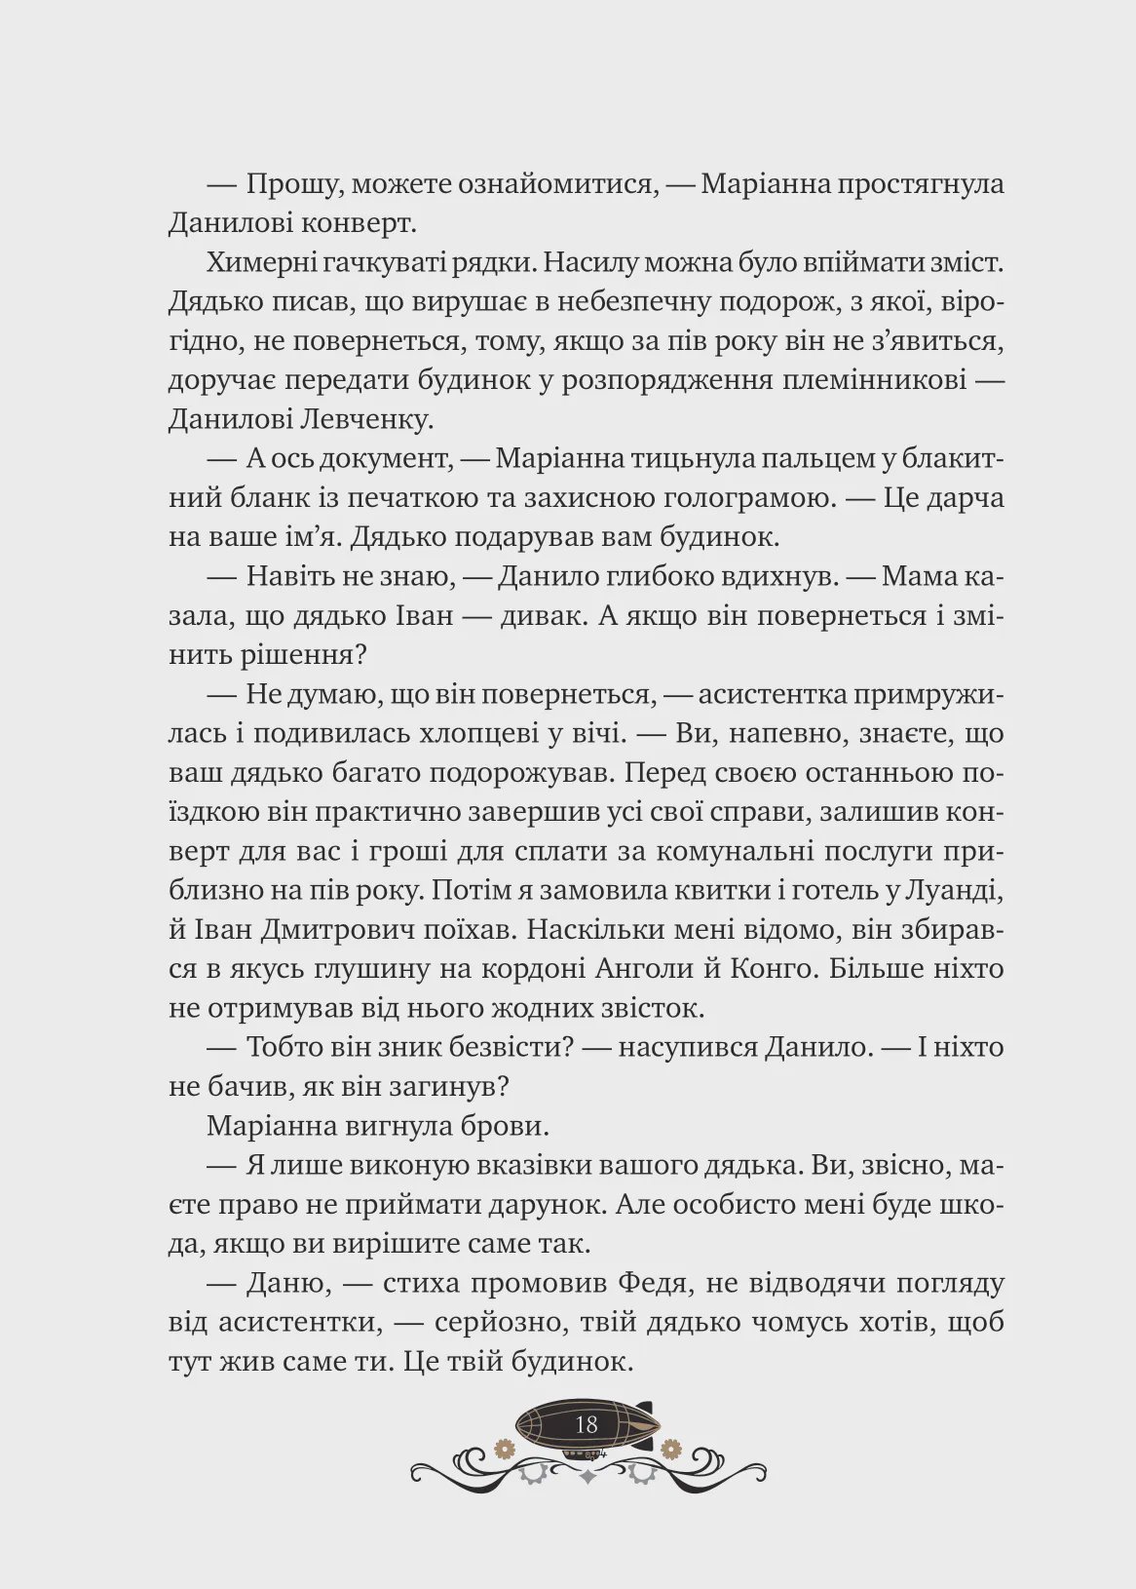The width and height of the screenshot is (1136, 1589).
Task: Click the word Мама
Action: (921, 576)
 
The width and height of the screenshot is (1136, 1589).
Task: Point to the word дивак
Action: (547, 615)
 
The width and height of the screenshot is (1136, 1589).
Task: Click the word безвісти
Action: (507, 1047)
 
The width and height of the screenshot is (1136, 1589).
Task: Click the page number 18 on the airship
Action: (586, 1424)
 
